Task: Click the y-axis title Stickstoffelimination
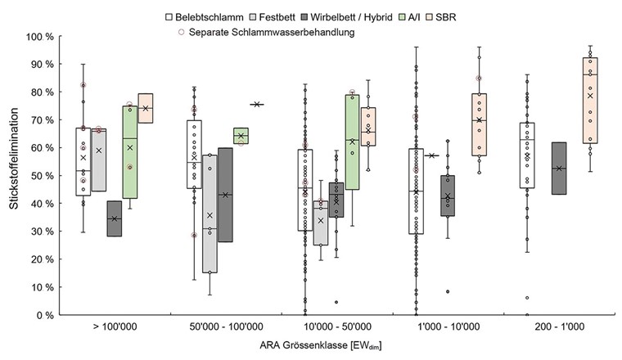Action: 15,176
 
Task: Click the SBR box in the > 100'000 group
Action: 146,108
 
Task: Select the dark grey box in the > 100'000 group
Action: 115,218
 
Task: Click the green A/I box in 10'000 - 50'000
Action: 353,142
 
